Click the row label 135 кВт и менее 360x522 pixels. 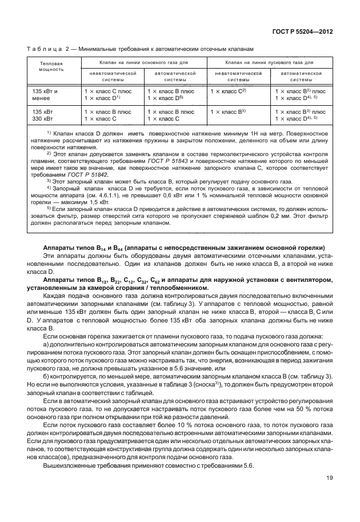49,94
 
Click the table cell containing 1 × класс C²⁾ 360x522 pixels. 229,91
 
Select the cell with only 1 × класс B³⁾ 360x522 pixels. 229,111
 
